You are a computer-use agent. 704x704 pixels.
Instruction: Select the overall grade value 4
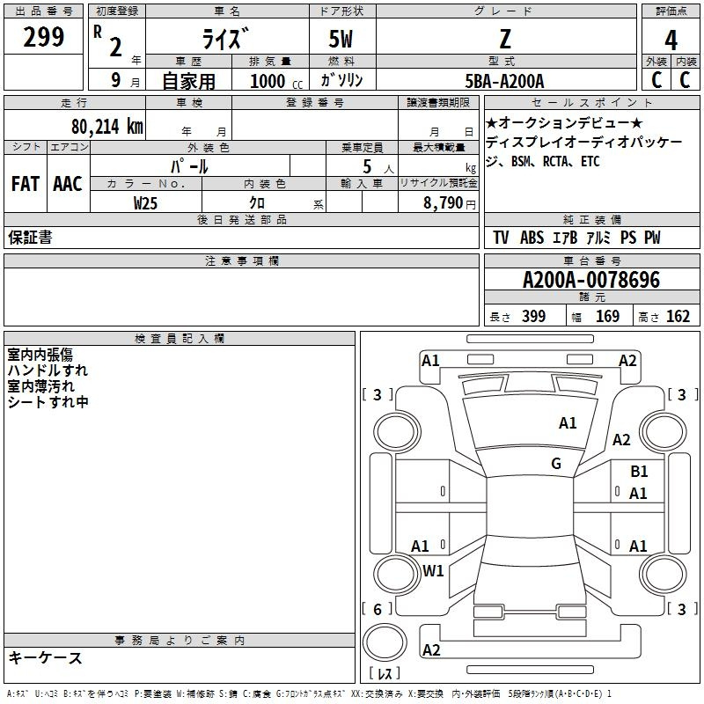tap(671, 40)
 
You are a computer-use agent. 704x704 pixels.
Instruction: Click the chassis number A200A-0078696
tap(590, 281)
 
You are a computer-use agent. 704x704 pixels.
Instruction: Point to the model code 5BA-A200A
tap(505, 81)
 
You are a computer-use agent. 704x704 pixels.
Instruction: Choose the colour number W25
tap(146, 202)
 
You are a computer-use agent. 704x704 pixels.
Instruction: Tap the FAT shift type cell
tap(25, 184)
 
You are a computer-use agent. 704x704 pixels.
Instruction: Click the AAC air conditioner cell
tap(68, 184)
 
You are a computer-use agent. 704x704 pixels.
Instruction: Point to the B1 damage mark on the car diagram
tap(639, 472)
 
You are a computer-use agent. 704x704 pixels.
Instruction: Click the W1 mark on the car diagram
tap(433, 570)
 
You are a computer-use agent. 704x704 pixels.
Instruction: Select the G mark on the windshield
tap(556, 464)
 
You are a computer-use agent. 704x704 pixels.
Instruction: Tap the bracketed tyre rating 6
tap(377, 609)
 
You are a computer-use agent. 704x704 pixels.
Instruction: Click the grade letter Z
tap(504, 38)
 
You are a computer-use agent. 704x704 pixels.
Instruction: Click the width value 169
tap(607, 316)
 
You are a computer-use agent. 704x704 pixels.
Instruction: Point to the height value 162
tap(678, 316)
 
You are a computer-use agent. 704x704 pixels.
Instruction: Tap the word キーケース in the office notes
tap(46, 658)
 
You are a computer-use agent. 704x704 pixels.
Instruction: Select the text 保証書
tap(30, 238)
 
